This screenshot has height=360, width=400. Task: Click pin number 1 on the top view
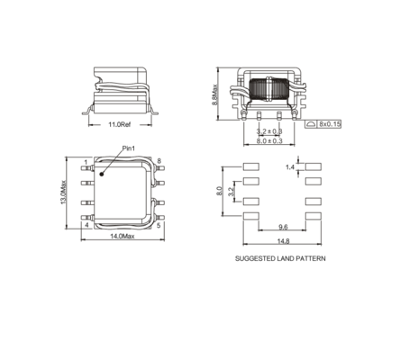pyautogui.click(x=86, y=162)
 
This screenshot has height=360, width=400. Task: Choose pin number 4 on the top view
pyautogui.click(x=86, y=226)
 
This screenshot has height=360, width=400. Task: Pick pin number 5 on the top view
pyautogui.click(x=159, y=226)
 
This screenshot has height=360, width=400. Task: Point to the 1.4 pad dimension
pyautogui.click(x=290, y=167)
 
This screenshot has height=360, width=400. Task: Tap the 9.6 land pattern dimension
pyautogui.click(x=283, y=228)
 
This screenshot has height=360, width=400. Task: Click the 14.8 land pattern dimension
pyautogui.click(x=283, y=240)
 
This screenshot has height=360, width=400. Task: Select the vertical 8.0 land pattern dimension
pyautogui.click(x=219, y=191)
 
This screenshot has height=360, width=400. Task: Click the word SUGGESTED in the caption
pyautogui.click(x=255, y=258)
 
